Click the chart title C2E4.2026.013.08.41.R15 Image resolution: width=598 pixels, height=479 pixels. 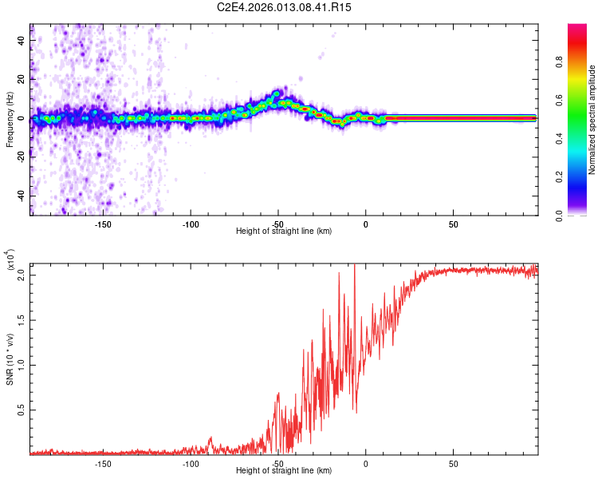[285, 7]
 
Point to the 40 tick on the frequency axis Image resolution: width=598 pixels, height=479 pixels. [22, 40]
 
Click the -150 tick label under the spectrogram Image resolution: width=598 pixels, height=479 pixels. [103, 224]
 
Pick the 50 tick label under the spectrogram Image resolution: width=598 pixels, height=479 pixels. [453, 224]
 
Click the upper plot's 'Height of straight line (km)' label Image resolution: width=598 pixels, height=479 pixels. [284, 232]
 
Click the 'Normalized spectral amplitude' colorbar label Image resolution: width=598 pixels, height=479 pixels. [592, 121]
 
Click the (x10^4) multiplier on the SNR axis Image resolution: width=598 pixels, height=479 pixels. [11, 260]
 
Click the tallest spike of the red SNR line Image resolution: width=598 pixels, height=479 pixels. [354, 265]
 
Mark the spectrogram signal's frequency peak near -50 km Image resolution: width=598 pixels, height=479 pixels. [277, 93]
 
